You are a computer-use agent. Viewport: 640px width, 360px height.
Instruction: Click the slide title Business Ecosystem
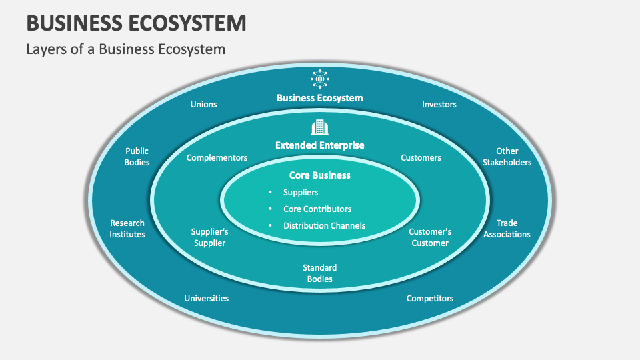[x=137, y=23]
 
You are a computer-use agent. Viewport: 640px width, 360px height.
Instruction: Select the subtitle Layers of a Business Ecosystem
[x=126, y=49]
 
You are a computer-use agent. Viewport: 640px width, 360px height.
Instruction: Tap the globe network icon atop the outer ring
[x=320, y=79]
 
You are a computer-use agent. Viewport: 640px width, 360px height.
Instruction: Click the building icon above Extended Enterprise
[x=320, y=127]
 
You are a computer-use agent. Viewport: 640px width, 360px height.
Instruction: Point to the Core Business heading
[x=319, y=175]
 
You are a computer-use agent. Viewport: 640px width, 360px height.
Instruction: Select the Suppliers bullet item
[x=301, y=193]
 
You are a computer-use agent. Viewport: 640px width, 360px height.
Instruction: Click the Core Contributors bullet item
[x=317, y=209]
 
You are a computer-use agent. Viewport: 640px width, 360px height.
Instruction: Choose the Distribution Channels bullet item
[x=324, y=226]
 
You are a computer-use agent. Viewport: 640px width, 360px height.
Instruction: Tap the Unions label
[x=203, y=105]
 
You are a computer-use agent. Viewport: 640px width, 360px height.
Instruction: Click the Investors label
[x=439, y=105]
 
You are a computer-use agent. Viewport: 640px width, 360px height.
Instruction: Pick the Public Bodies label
[x=137, y=157]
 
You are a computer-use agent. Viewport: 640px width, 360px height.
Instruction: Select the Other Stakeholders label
[x=507, y=157]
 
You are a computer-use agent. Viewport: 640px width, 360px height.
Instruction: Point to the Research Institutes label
[x=127, y=229]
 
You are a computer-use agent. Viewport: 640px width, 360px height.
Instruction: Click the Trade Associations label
[x=507, y=229]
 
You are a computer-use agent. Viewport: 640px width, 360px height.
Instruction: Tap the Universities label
[x=207, y=299]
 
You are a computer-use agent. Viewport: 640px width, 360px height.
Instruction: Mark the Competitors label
[x=430, y=299]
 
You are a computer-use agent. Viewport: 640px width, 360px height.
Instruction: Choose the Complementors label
[x=217, y=158]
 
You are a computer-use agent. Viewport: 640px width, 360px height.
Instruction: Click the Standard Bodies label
[x=320, y=273]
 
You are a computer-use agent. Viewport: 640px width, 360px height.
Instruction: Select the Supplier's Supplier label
[x=210, y=237]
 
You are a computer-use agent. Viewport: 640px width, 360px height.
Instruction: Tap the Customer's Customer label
[x=430, y=237]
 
